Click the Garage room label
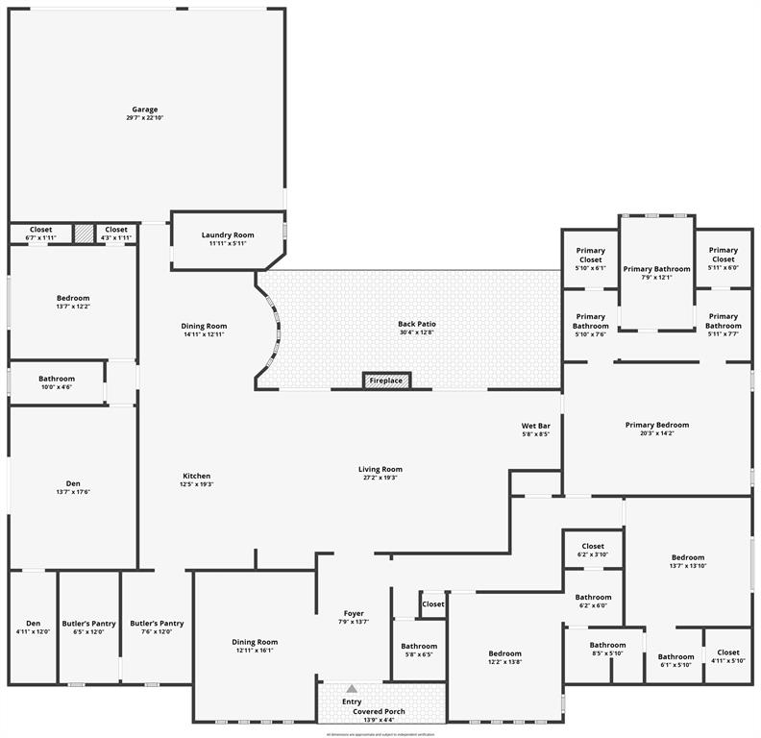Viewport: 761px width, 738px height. [145, 110]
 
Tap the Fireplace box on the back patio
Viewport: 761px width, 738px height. [386, 381]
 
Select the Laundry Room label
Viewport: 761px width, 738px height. [228, 235]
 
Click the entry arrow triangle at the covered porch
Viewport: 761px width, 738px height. [352, 688]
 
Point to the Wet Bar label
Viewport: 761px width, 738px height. [535, 425]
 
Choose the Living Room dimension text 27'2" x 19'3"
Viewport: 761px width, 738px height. [380, 478]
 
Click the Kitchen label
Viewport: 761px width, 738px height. [197, 476]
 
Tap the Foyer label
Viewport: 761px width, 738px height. [354, 613]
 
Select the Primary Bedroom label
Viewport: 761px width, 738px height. [656, 425]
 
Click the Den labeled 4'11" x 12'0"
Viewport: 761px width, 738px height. [34, 624]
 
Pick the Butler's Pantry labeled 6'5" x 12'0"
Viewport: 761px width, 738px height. [88, 624]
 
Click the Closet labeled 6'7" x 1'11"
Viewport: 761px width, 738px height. [40, 230]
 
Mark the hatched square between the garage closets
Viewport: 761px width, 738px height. [85, 233]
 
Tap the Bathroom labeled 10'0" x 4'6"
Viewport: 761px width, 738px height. [57, 379]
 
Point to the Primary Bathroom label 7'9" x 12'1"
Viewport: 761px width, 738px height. [656, 269]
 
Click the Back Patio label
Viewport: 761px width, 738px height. [417, 324]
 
